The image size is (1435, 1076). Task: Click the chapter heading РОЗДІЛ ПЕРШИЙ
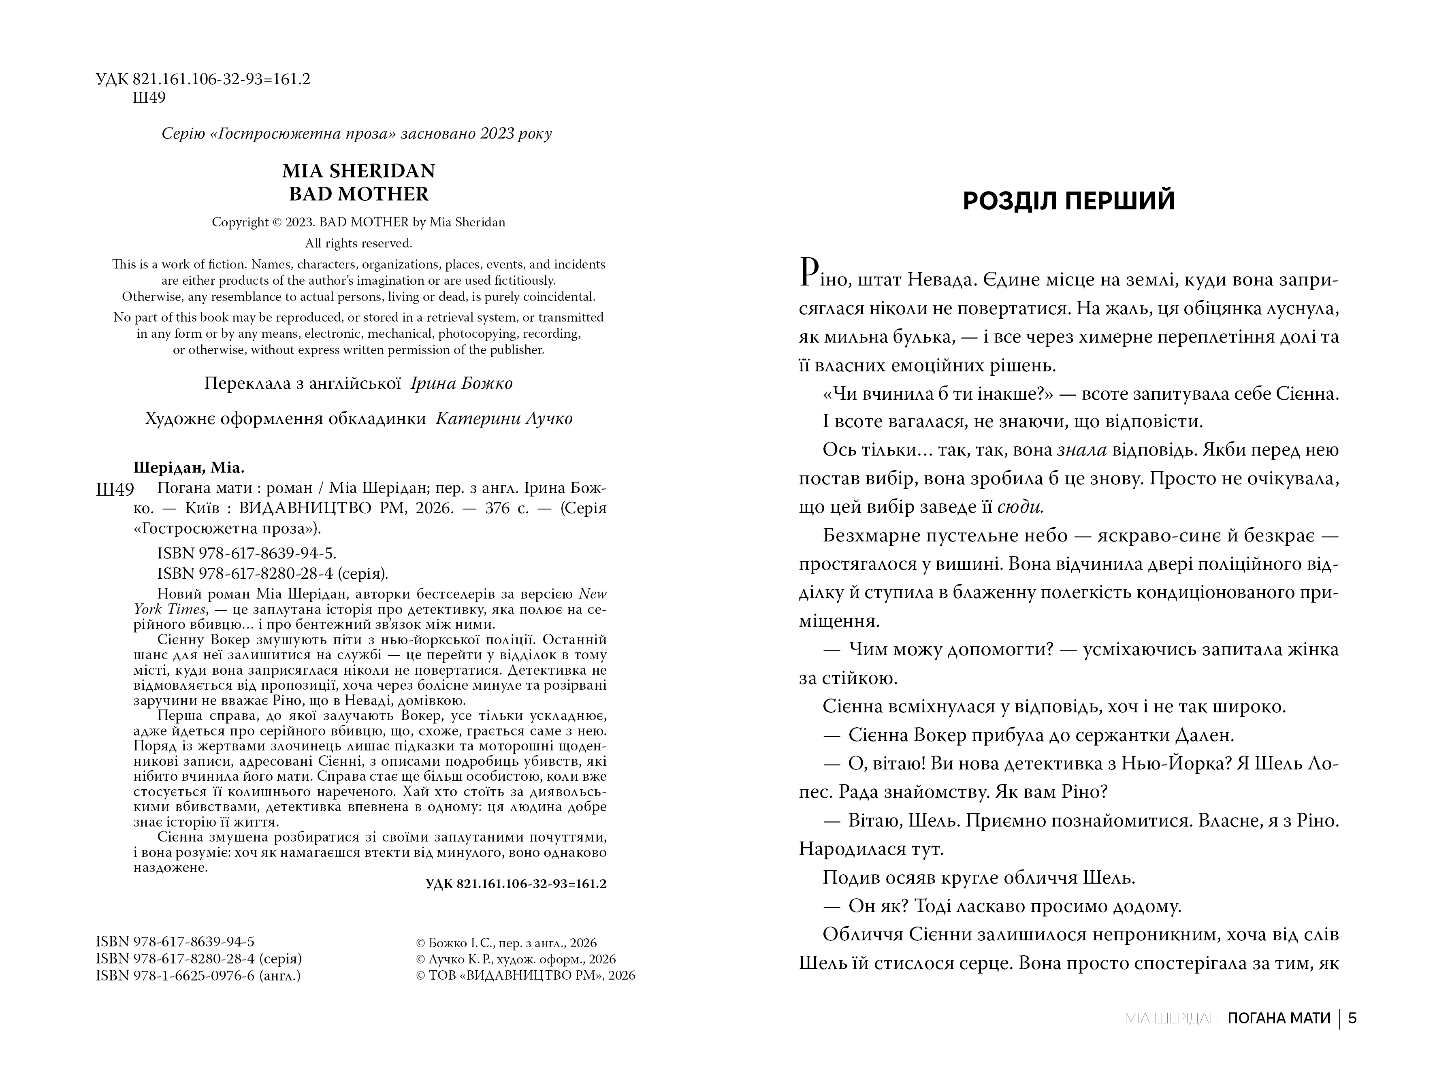1068,201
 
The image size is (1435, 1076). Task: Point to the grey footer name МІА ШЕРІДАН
1172,1018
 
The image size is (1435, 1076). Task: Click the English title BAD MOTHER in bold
358,194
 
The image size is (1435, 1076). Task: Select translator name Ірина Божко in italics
461,384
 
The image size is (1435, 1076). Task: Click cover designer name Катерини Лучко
504,419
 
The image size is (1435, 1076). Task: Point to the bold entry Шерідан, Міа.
190,468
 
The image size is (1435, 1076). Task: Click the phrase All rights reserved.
358,243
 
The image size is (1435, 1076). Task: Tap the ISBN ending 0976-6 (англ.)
198,976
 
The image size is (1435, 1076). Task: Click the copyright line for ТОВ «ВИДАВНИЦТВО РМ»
525,976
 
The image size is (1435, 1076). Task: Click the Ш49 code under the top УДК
149,98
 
